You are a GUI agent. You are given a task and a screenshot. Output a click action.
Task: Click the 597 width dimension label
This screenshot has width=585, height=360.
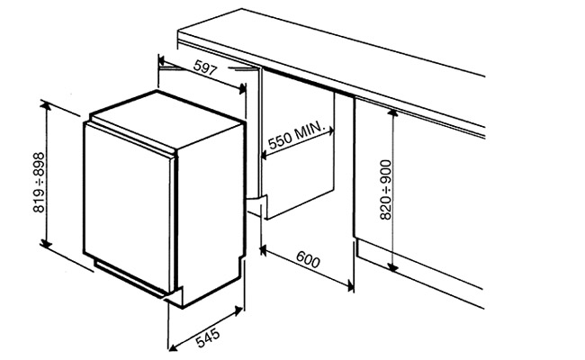pos(205,67)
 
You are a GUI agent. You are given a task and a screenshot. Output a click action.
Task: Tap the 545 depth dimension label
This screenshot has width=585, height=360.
pos(207,337)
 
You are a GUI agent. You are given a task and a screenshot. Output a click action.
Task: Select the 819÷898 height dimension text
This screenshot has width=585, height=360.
pos(39,183)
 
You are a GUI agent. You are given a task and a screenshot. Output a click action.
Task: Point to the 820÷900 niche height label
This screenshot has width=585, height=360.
pos(386,190)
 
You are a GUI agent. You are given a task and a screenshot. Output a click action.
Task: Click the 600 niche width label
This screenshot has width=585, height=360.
pos(308,259)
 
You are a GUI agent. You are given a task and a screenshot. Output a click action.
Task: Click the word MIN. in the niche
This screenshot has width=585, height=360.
pos(310,130)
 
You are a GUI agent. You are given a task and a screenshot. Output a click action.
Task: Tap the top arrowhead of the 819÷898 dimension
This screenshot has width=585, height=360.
pos(46,106)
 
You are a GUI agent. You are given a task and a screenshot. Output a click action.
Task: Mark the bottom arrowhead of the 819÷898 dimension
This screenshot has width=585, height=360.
pos(46,243)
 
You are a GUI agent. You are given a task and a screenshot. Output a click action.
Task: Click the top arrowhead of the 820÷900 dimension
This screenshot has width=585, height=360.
pos(392,112)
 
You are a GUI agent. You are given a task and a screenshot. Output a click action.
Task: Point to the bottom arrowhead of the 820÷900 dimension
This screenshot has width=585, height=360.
pos(392,266)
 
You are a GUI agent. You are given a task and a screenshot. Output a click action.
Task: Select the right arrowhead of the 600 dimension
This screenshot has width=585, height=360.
pos(349,285)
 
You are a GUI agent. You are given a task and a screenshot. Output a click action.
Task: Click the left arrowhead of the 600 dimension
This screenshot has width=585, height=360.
pos(263,250)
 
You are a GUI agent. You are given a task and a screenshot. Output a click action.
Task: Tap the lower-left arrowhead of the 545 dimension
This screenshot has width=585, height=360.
pos(173,346)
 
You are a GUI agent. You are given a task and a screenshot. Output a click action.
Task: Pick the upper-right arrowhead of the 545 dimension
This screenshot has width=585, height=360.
pos(238,310)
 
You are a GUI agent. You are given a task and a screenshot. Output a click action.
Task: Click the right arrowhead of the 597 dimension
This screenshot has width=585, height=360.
pos(242,88)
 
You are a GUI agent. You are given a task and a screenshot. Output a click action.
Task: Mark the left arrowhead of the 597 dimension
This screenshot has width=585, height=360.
pos(162,60)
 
